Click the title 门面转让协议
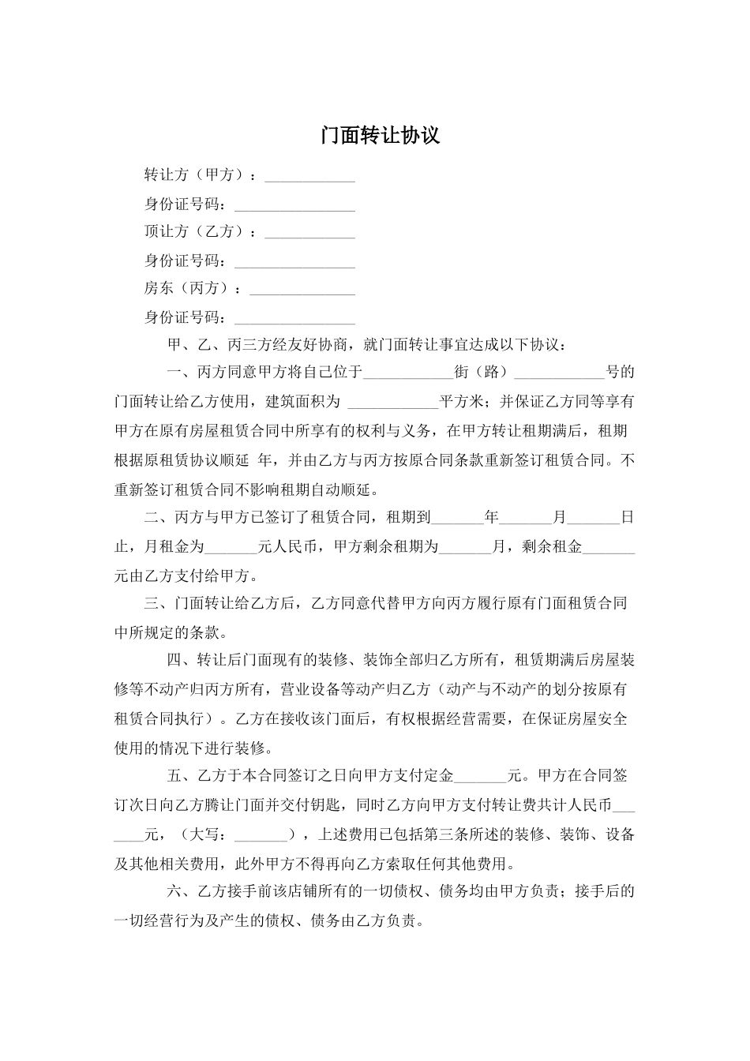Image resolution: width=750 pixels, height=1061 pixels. click(x=380, y=136)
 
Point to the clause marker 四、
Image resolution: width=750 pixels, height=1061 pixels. click(x=181, y=661)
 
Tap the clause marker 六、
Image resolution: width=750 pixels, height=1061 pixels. click(x=181, y=892)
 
